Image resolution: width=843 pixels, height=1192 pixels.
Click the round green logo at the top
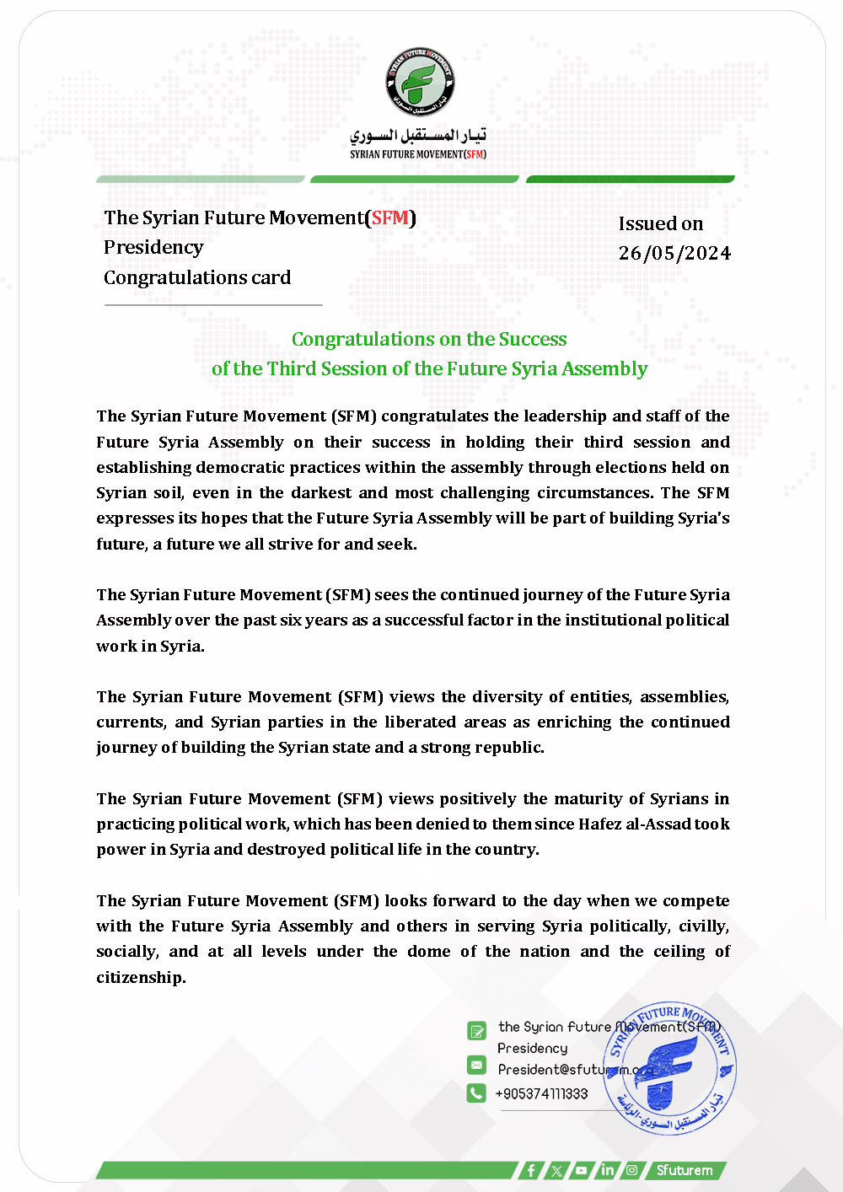420,82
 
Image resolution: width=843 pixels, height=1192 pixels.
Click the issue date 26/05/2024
674,254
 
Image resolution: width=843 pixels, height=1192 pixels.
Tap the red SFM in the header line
390,217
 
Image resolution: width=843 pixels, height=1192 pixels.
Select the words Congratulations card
197,277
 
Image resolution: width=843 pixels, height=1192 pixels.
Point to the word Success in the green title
533,339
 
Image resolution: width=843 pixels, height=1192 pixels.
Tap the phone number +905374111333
542,1093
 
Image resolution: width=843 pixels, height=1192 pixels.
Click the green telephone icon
476,1093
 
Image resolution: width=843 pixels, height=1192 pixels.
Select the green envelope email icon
476,1066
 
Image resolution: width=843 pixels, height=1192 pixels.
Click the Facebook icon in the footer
531,1170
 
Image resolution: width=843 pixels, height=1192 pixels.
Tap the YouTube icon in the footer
582,1170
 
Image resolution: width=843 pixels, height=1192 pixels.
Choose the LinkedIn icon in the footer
607,1170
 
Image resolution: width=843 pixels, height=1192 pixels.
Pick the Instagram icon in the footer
631,1170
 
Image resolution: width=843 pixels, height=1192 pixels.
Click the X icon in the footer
556,1170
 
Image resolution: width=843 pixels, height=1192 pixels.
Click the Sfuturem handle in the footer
685,1170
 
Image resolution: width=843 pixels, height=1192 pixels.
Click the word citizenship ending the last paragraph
140,977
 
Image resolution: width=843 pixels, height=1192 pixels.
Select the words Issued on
661,223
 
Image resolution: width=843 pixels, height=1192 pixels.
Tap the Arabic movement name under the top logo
418,135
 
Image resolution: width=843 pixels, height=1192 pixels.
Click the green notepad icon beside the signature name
476,1030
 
